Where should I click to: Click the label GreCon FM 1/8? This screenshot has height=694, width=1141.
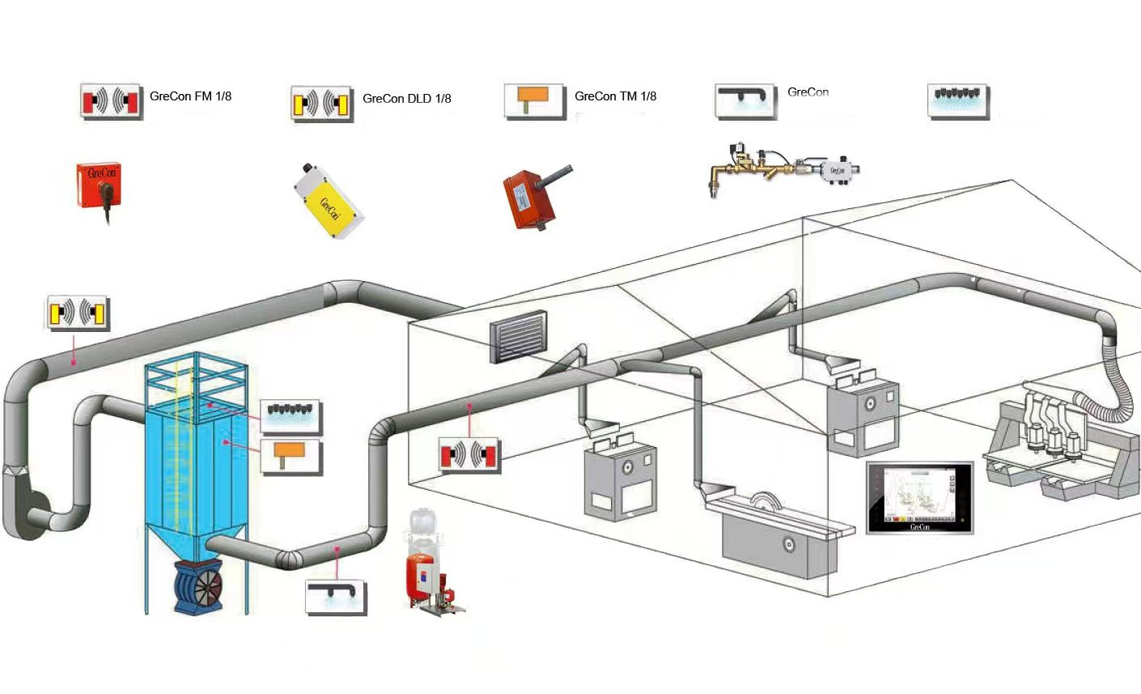click(x=190, y=96)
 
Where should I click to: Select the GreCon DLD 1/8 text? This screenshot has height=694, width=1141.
click(x=406, y=99)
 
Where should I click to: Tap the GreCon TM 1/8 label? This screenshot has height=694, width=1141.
click(x=615, y=96)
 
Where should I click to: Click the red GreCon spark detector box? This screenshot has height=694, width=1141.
click(x=99, y=185)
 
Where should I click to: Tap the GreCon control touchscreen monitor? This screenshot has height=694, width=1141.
click(x=919, y=497)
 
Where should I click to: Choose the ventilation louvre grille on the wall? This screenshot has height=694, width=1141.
click(x=515, y=336)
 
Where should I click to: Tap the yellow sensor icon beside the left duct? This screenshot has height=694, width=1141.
click(x=78, y=313)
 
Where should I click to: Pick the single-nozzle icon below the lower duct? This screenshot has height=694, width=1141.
click(x=336, y=596)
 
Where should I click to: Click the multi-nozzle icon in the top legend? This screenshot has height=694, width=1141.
click(x=958, y=101)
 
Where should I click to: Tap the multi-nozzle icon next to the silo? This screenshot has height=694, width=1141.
click(x=291, y=415)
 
